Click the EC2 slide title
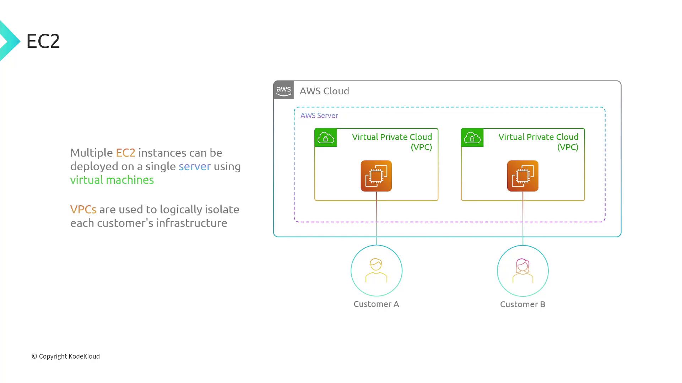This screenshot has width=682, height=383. pos(43,41)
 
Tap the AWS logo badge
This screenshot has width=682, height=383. pos(284,90)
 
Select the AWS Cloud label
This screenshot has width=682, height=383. pos(324,91)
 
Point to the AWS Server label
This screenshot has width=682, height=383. pos(319,116)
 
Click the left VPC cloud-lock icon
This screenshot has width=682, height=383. pos(326,138)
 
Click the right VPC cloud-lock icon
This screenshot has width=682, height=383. pos(472,138)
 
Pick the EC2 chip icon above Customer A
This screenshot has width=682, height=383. pos(376,176)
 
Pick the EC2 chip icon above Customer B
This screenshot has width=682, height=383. pos(523,176)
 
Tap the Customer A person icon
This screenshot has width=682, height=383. pos(376,271)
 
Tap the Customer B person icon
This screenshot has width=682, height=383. pos(523,271)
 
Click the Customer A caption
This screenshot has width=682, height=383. pos(376,304)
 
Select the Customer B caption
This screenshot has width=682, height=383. pos(523,304)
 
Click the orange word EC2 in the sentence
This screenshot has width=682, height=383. pos(125,153)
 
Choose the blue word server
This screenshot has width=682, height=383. pos(194,166)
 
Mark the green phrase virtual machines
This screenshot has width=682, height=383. pos(112,180)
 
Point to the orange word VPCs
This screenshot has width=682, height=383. pos(83,210)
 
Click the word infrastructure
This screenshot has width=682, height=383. pos(191,223)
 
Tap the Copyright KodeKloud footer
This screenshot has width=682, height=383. pos(66,356)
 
